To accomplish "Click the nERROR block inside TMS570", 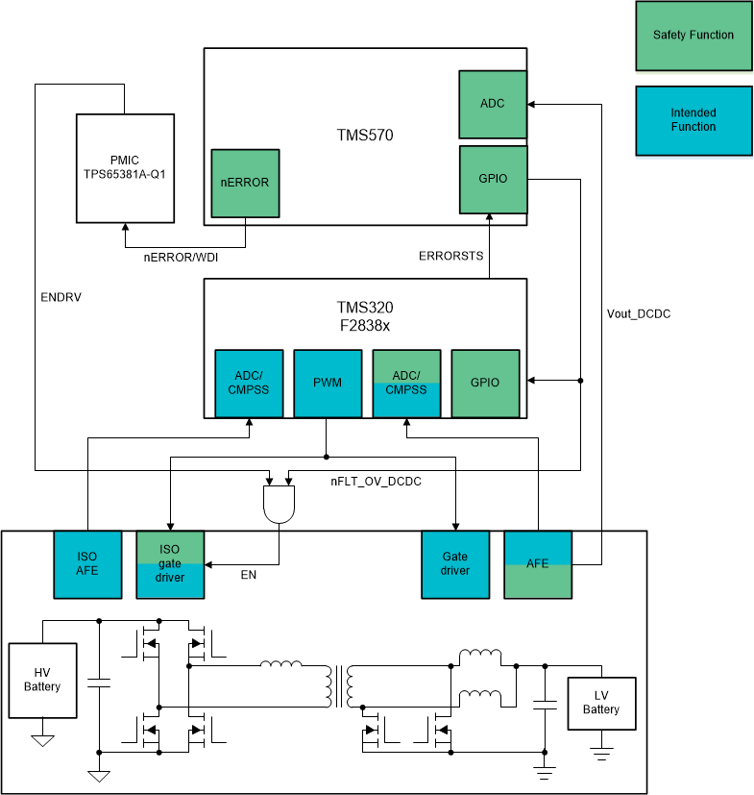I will (x=245, y=183).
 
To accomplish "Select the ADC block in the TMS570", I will (x=493, y=104).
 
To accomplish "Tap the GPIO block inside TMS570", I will (x=493, y=179).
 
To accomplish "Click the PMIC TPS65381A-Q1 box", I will (x=124, y=168).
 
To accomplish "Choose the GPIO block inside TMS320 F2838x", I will (x=485, y=383).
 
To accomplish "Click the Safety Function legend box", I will (x=693, y=36).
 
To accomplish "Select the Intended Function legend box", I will (x=693, y=120).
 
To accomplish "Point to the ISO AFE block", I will (x=87, y=564).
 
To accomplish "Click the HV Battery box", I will (x=42, y=681).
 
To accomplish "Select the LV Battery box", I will (x=600, y=703).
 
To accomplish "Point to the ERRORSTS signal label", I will (x=450, y=256).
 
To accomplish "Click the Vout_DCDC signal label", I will (x=638, y=313).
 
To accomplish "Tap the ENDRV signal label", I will (x=61, y=297).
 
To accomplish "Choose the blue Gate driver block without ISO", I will (x=455, y=564).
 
